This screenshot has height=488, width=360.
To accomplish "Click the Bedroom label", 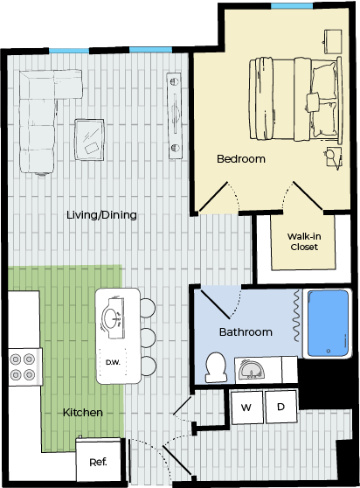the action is pyautogui.click(x=241, y=158).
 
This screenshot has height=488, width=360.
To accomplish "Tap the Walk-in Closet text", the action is pyautogui.click(x=304, y=241).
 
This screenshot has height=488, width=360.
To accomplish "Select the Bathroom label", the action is pyautogui.click(x=246, y=331).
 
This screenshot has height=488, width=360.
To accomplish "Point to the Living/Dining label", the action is pyautogui.click(x=101, y=215).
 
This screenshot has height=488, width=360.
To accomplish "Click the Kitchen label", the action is pyautogui.click(x=83, y=413).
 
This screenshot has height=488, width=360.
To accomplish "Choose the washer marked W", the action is pyautogui.click(x=246, y=407).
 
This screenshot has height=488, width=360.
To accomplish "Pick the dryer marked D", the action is pyautogui.click(x=280, y=407).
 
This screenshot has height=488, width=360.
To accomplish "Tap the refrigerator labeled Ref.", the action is pyautogui.click(x=98, y=461).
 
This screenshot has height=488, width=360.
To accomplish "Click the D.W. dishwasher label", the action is pyautogui.click(x=113, y=362).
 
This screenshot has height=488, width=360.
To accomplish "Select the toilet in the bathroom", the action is pyautogui.click(x=216, y=367).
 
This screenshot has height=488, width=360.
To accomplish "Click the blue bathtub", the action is pyautogui.click(x=328, y=324).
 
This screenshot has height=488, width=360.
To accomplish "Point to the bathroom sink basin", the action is pyautogui.click(x=251, y=370).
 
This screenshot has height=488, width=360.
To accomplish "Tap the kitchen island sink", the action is pyautogui.click(x=113, y=318).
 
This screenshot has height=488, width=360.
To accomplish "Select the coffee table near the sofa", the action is pyautogui.click(x=89, y=139).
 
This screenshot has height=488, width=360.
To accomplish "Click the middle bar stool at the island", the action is pyautogui.click(x=148, y=337).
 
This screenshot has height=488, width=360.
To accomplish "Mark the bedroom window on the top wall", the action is pyautogui.click(x=292, y=6).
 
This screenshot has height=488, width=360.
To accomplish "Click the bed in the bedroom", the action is pyautogui.click(x=295, y=99).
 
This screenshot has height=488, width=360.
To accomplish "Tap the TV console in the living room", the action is pyautogui.click(x=175, y=115).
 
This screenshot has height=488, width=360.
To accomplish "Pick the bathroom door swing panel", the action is pyautogui.click(x=216, y=304).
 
